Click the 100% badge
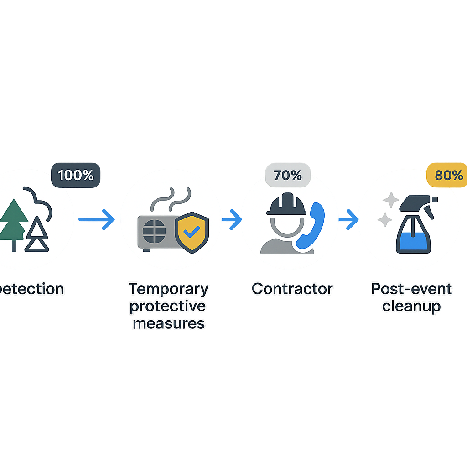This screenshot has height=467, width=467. [x=76, y=175]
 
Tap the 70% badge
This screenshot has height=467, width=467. [x=287, y=176]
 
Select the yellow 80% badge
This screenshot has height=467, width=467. [x=448, y=175]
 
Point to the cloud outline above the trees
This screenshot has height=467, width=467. [x=38, y=201]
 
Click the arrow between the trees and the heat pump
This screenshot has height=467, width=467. [x=96, y=219]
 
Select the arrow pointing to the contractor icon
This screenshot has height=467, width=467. [x=231, y=219]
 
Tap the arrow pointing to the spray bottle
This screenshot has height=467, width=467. [x=348, y=219]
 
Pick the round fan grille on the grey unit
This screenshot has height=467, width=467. [x=154, y=232]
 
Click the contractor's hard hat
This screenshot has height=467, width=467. [x=286, y=204]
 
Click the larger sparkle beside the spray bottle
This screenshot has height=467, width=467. [x=390, y=200]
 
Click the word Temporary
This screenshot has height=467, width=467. [x=168, y=289]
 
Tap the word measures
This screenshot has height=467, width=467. [x=168, y=323]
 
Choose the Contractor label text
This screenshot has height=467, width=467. [x=292, y=289]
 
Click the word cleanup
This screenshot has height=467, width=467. [x=411, y=306]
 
